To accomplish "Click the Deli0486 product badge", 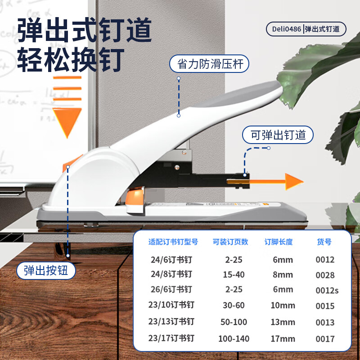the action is pos(306,29).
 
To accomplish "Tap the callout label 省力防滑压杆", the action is pos(209,63).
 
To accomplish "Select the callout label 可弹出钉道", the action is pos(278,135).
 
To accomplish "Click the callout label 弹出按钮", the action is pos(46,271).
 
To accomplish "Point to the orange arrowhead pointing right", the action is pos(294,182).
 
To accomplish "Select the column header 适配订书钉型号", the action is pos(173,242).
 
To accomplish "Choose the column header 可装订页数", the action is pos(230,242).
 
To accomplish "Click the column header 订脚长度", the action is pos(279,242).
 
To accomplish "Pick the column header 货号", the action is pos(324,242).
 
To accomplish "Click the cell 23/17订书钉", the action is pos(171,338).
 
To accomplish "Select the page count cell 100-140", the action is pos(234,339).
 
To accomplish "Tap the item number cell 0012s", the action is pos(327,290).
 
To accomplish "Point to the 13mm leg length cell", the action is pos(283,322).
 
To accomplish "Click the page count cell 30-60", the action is pos(234,306).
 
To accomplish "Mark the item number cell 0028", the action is pos(325,275).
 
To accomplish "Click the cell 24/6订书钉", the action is pos(171,260).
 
